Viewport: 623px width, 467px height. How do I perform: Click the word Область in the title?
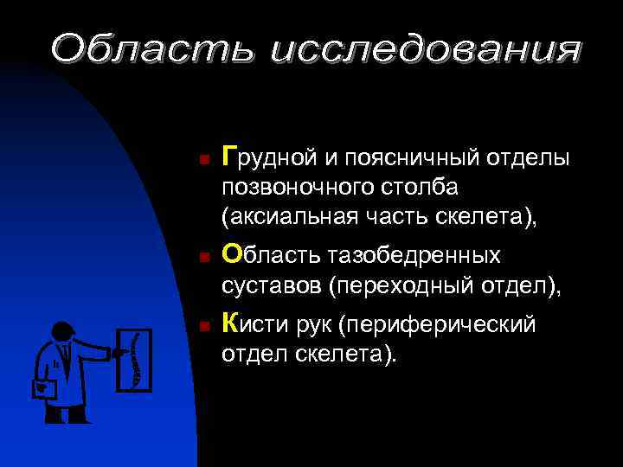(x=151, y=49)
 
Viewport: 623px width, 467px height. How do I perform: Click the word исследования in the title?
(x=424, y=49)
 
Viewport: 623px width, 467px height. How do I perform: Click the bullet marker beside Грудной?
(x=200, y=160)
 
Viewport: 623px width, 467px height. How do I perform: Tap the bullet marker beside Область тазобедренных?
(x=200, y=257)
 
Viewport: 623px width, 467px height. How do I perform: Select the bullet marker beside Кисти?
(x=200, y=327)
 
